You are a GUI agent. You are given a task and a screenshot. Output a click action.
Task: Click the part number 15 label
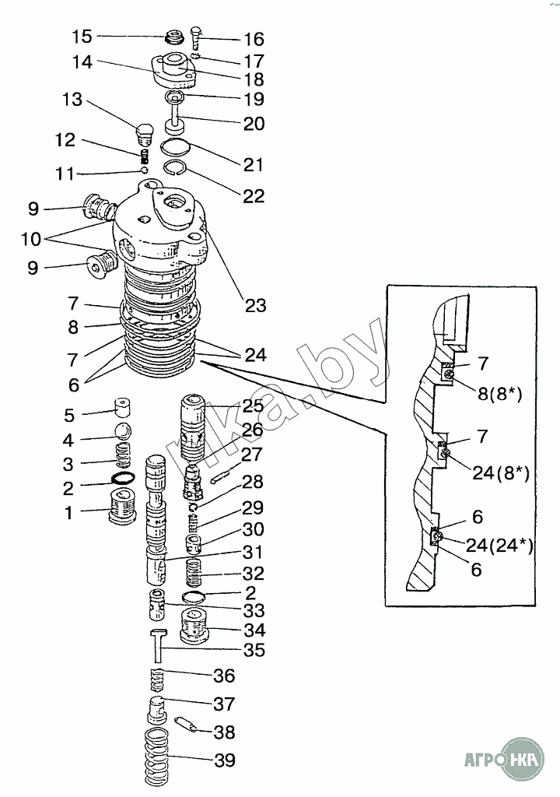click(82, 37)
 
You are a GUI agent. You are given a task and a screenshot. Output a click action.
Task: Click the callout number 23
click(256, 305)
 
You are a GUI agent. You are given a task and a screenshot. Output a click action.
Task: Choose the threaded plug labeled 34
click(196, 623)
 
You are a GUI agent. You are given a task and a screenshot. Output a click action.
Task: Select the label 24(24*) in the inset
click(499, 545)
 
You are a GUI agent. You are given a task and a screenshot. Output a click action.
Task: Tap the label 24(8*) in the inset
click(498, 472)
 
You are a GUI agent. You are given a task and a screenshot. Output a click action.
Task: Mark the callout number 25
click(253, 406)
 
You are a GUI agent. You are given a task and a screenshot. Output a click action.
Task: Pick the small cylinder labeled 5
click(121, 406)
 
